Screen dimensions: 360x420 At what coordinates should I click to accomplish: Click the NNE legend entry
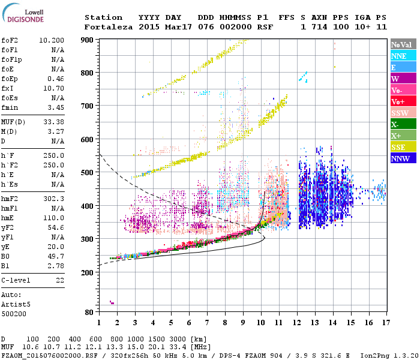(x=403, y=56)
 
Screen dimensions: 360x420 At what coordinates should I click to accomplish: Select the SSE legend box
(x=403, y=147)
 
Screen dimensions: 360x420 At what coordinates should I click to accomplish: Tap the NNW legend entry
(x=403, y=158)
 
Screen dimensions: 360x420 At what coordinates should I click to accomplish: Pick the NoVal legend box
(x=403, y=44)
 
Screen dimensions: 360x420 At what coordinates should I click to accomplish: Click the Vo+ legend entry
(x=403, y=101)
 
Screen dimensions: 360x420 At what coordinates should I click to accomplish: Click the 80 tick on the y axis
(x=89, y=313)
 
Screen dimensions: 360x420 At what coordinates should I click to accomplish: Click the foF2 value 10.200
(x=52, y=40)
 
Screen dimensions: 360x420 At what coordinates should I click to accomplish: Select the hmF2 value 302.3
(x=55, y=198)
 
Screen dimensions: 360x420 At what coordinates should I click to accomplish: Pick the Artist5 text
(x=16, y=304)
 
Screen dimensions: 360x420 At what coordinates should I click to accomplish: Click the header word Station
(x=103, y=17)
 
